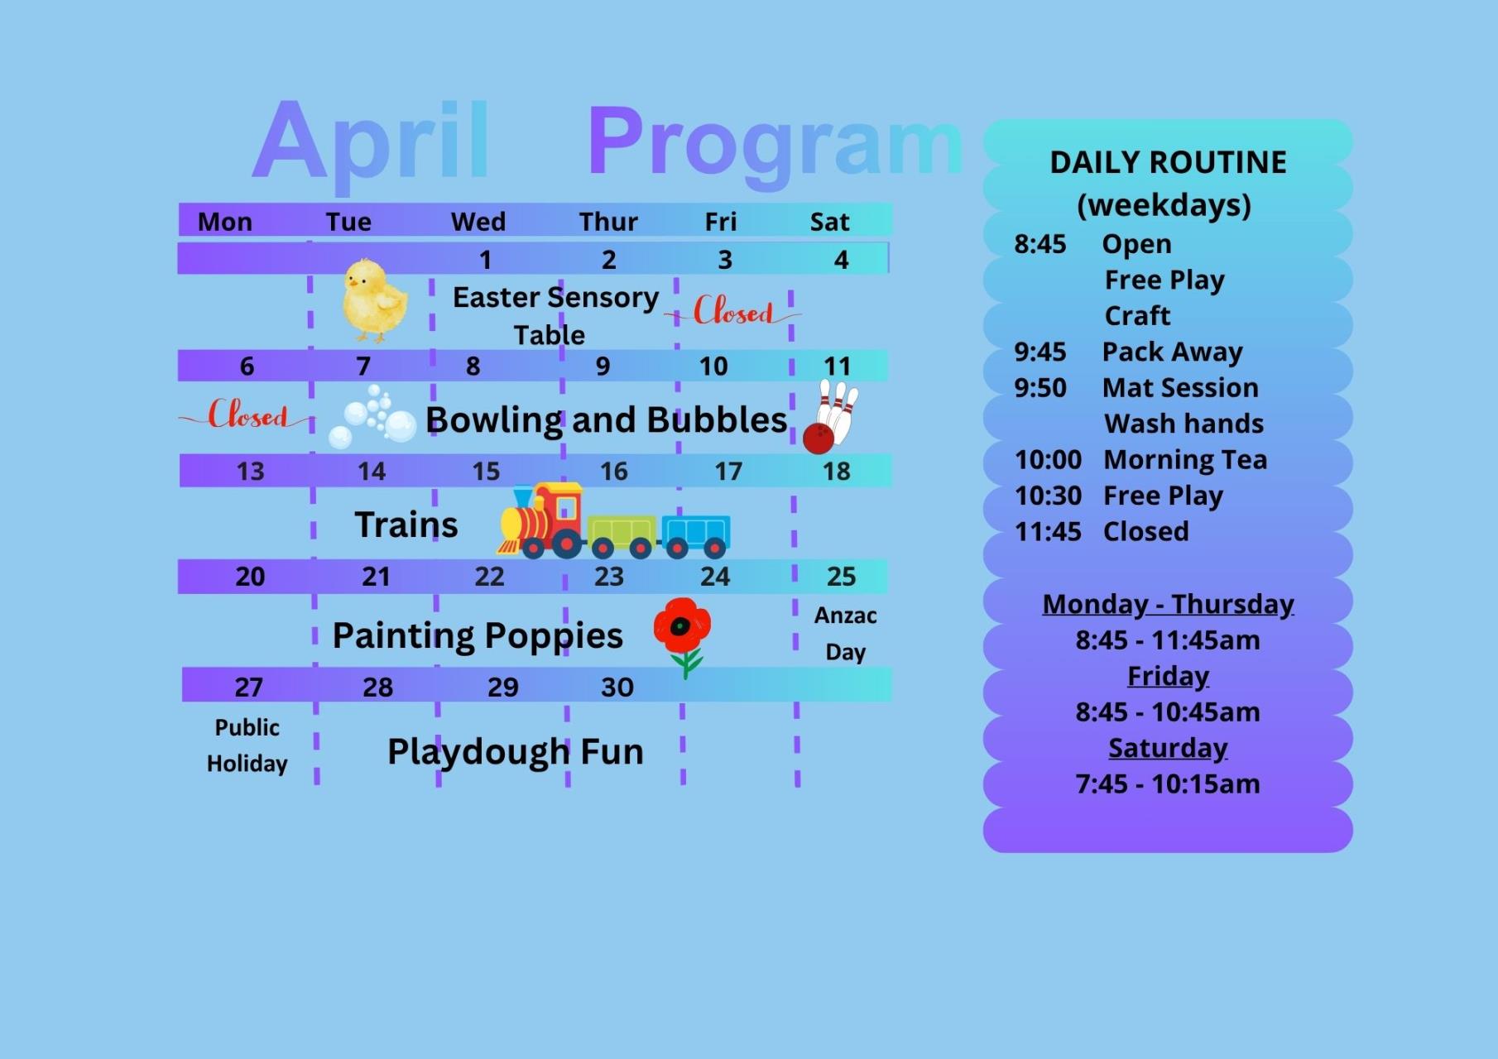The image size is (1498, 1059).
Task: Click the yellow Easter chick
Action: (375, 299)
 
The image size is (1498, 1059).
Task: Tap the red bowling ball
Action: (819, 438)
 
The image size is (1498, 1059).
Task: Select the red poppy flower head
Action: (682, 625)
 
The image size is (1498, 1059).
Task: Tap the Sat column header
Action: (829, 222)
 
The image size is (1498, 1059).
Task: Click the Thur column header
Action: (608, 222)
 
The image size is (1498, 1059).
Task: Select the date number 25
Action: (841, 576)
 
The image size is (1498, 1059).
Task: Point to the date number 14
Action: (372, 472)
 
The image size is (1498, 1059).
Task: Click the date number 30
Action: (617, 687)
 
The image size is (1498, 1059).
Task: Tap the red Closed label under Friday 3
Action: (733, 311)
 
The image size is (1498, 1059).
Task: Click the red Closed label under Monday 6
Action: (247, 414)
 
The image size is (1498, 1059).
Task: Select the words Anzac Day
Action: (845, 634)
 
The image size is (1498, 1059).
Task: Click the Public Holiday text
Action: (247, 745)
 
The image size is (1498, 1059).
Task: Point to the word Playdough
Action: (477, 753)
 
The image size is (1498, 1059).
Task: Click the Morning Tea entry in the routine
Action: (1185, 459)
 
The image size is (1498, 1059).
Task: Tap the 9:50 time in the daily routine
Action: (1040, 388)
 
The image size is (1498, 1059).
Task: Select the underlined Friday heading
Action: (1168, 677)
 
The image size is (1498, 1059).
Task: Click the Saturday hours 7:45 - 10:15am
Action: (1168, 783)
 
